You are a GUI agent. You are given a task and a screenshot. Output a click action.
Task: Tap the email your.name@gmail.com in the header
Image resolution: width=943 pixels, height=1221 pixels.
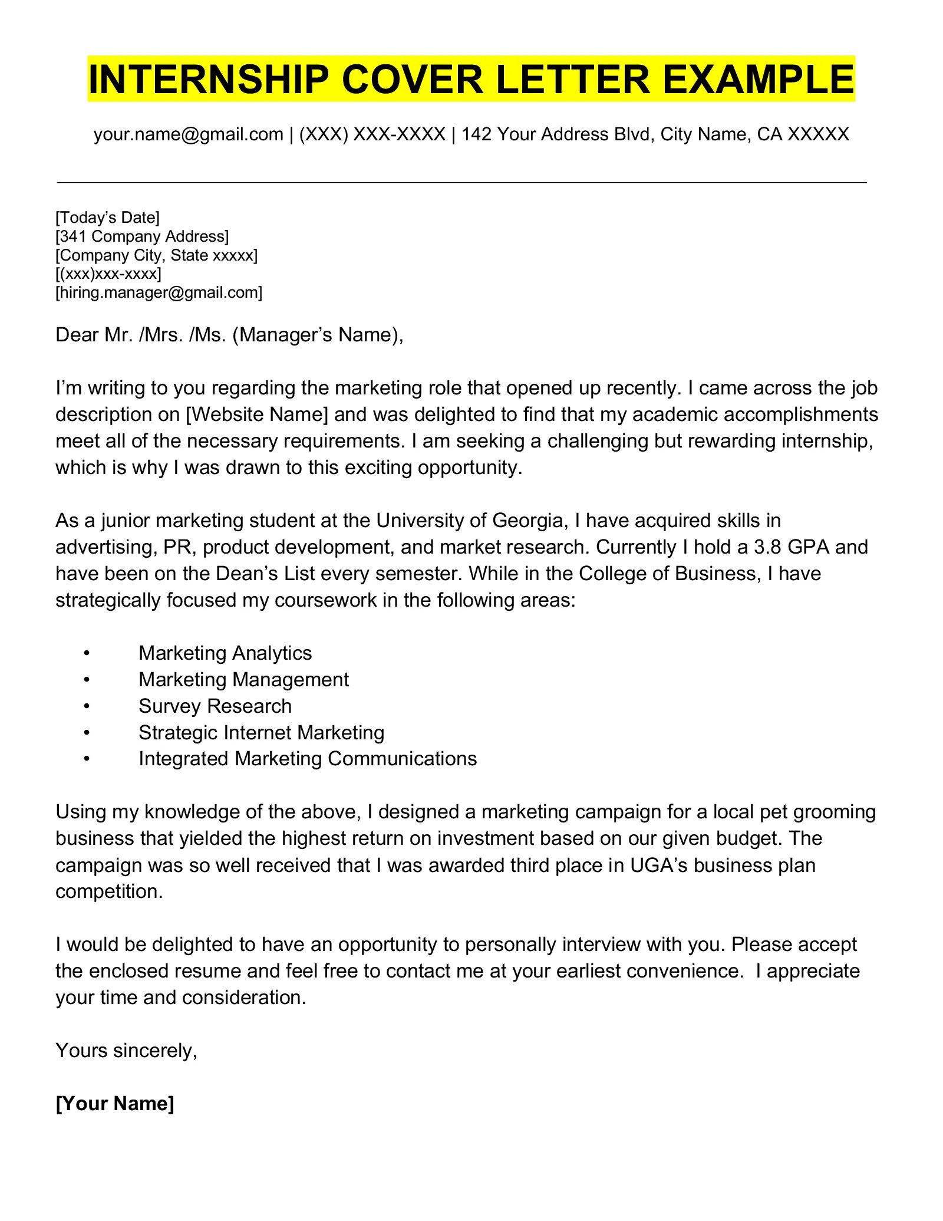188,134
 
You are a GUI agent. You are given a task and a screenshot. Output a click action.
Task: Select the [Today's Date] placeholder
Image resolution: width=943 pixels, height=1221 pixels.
107,218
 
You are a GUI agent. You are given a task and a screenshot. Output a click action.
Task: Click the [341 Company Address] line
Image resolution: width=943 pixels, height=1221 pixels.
141,237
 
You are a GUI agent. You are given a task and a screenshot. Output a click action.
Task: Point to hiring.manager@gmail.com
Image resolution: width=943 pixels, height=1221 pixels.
159,293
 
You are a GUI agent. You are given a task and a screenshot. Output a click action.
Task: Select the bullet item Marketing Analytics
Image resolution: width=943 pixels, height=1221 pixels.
225,653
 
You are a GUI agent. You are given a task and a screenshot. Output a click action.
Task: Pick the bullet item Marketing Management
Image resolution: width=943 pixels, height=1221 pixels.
243,680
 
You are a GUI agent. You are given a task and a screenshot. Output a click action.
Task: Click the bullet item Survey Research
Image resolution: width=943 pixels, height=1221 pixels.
215,706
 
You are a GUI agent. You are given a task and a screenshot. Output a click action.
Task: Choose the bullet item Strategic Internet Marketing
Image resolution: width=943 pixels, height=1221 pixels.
261,733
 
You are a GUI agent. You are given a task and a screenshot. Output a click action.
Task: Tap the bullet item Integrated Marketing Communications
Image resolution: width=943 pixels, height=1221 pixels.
308,759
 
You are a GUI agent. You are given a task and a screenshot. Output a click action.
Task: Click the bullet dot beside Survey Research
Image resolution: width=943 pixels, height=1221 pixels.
86,706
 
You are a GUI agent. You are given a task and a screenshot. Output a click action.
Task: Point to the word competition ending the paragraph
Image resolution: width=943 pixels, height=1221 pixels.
108,891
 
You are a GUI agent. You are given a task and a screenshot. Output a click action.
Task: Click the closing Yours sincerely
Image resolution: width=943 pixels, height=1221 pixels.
126,1050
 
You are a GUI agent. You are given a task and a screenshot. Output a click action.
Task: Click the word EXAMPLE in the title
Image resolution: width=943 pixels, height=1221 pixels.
759,79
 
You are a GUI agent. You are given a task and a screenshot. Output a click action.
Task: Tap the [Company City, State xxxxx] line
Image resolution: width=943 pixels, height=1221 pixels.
156,256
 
